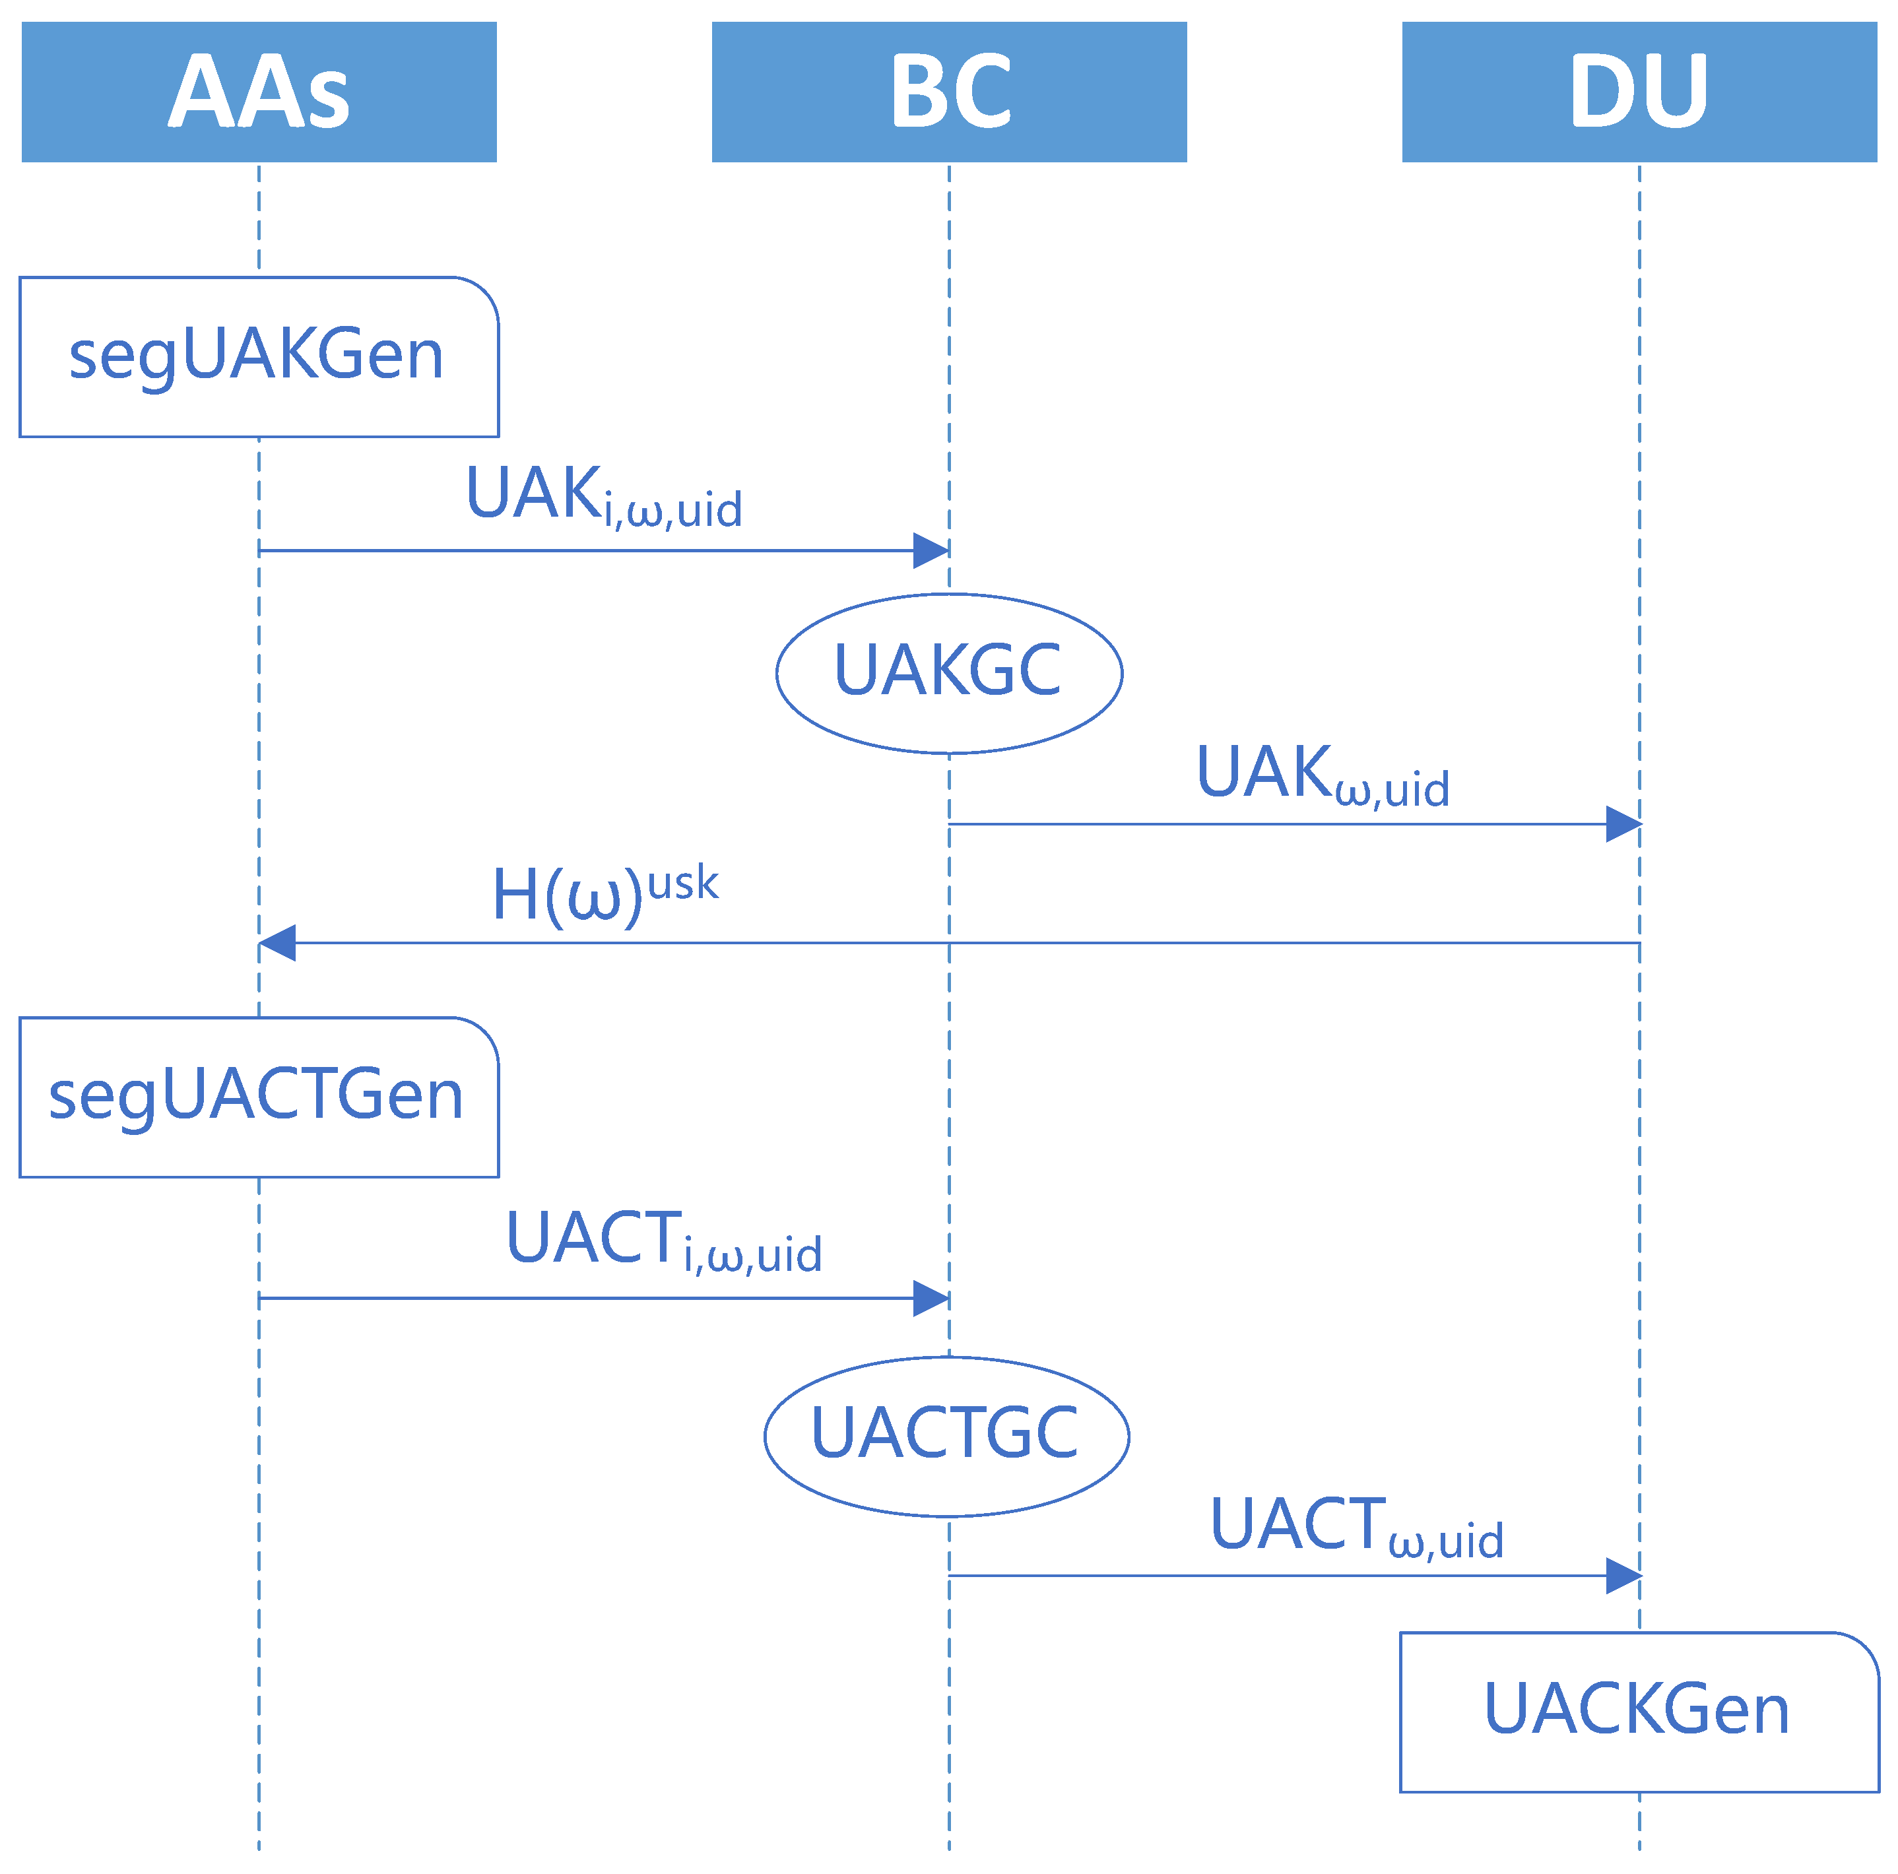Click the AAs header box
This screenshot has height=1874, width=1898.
pyautogui.click(x=259, y=91)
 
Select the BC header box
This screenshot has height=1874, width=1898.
pyautogui.click(x=949, y=91)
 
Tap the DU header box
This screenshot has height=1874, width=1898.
pyautogui.click(x=1639, y=91)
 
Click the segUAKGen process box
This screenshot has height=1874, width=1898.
pyautogui.click(x=259, y=356)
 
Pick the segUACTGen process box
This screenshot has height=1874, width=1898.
pyautogui.click(x=259, y=1097)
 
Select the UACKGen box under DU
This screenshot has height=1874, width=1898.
pyautogui.click(x=1639, y=1712)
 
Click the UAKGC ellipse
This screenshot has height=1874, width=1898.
pyautogui.click(x=949, y=674)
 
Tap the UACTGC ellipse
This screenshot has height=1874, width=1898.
pyautogui.click(x=946, y=1436)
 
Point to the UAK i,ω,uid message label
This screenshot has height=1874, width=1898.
pyautogui.click(x=603, y=496)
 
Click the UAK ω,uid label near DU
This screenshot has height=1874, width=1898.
pyautogui.click(x=1323, y=775)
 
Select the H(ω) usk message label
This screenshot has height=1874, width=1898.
pyautogui.click(x=604, y=894)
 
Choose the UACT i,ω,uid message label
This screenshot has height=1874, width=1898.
pyautogui.click(x=663, y=1241)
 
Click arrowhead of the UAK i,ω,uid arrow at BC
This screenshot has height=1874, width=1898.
pyautogui.click(x=931, y=551)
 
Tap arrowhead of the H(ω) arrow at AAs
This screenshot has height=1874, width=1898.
pyautogui.click(x=278, y=943)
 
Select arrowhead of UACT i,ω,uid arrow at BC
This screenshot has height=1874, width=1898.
pyautogui.click(x=931, y=1299)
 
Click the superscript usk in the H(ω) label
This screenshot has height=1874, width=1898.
pyautogui.click(x=683, y=883)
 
